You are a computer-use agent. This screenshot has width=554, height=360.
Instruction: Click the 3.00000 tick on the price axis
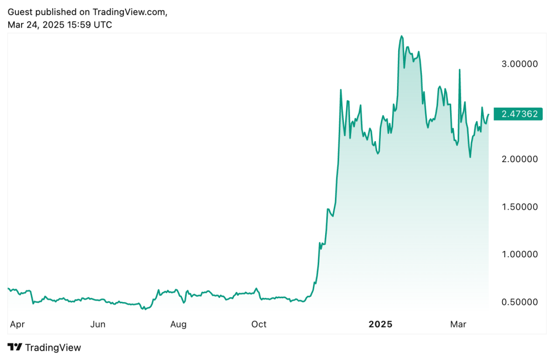(519, 64)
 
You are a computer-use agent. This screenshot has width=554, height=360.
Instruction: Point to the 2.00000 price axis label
(519, 159)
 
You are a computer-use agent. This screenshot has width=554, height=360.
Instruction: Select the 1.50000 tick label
(519, 206)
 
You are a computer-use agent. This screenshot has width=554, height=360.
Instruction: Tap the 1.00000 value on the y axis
(519, 254)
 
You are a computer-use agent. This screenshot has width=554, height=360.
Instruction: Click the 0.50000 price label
(519, 302)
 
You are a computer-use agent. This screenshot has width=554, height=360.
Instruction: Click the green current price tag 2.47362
(519, 114)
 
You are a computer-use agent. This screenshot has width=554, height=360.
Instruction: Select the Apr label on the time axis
(17, 324)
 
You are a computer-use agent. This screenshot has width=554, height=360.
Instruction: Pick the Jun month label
(97, 324)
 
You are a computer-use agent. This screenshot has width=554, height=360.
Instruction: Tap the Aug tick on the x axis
(178, 324)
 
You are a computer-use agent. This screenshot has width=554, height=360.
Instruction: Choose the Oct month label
(259, 324)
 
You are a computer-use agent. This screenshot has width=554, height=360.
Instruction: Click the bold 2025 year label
(380, 324)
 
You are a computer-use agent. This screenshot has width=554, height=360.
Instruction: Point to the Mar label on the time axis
(458, 324)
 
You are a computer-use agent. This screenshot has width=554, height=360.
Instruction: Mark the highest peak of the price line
(401, 36)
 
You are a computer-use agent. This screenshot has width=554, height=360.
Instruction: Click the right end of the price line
(489, 114)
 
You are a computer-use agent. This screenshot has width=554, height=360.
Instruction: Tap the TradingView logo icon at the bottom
(15, 348)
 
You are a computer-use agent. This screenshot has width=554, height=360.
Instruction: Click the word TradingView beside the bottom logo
(53, 348)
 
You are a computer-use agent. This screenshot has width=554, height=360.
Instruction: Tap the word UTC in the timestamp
(103, 24)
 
